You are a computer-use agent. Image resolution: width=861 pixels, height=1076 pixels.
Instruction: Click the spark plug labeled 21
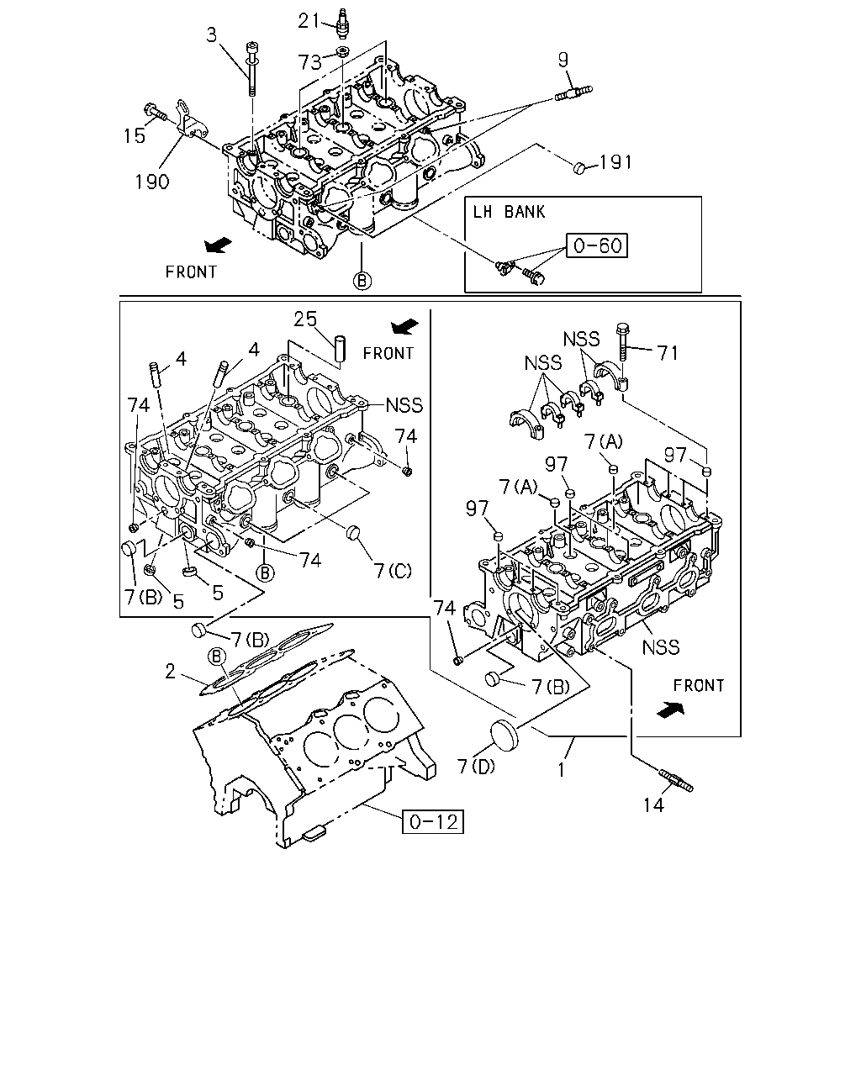tap(343, 23)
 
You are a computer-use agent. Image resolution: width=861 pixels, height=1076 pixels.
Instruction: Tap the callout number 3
tap(212, 35)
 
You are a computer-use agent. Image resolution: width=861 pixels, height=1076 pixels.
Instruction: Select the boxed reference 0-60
tap(597, 245)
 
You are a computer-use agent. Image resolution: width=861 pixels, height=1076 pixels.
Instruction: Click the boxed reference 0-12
tap(433, 821)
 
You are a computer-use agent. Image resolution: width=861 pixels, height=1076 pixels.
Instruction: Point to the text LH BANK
tap(509, 212)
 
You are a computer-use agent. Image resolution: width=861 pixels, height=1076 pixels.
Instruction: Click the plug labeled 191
tap(579, 167)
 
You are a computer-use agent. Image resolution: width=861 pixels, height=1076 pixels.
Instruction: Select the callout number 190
tap(152, 182)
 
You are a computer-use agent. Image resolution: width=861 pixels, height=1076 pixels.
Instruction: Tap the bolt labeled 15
tap(155, 112)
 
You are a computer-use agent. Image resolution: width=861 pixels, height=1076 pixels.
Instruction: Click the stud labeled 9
tap(573, 93)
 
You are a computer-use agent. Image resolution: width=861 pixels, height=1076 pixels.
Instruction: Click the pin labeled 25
tap(341, 349)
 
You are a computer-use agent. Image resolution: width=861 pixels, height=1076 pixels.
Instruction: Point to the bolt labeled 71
tap(623, 342)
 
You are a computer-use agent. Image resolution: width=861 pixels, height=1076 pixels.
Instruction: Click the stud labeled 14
tap(676, 781)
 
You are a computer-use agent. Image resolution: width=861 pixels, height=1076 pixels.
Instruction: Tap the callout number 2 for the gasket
tap(171, 672)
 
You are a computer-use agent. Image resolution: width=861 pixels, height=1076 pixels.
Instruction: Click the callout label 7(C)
tap(393, 571)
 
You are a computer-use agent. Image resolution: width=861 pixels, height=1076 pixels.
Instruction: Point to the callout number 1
tap(562, 770)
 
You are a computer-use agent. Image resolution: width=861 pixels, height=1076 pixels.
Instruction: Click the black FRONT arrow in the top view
tap(219, 245)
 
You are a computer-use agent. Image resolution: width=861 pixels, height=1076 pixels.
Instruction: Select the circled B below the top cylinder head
tap(362, 281)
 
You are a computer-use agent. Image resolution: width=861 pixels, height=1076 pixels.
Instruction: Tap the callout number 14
tap(653, 805)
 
